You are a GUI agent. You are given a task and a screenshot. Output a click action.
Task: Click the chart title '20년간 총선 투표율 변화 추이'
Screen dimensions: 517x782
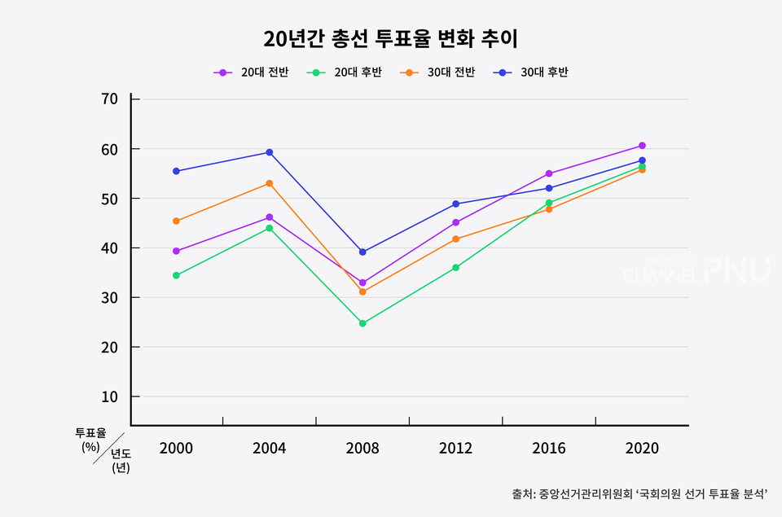click(391, 38)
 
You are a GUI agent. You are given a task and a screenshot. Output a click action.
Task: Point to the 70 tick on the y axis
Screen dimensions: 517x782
click(110, 99)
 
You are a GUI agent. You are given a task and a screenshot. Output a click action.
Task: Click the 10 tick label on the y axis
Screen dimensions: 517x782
click(110, 397)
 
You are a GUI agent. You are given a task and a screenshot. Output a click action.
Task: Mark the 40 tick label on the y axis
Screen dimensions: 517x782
click(110, 248)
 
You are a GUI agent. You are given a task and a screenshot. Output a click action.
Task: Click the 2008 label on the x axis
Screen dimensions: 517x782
click(362, 449)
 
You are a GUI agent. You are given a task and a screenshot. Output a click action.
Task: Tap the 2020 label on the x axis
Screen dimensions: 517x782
click(642, 449)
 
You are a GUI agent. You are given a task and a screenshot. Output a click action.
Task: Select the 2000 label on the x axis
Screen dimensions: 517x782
click(176, 449)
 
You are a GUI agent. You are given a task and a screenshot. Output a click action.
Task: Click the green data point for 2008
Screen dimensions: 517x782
click(362, 323)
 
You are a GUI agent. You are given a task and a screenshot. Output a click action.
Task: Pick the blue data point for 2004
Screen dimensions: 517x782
click(270, 152)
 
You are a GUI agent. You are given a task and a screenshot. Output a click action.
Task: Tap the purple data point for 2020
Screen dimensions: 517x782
click(642, 146)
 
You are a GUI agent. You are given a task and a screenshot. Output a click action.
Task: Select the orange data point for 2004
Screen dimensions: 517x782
click(270, 183)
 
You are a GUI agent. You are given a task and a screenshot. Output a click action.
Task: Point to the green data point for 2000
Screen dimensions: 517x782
click(176, 275)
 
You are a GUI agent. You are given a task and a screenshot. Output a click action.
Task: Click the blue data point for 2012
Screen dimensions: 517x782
click(455, 204)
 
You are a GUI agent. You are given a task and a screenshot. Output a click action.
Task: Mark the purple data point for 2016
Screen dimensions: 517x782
click(549, 173)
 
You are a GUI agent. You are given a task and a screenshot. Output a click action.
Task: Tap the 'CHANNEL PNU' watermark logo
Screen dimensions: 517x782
click(696, 271)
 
